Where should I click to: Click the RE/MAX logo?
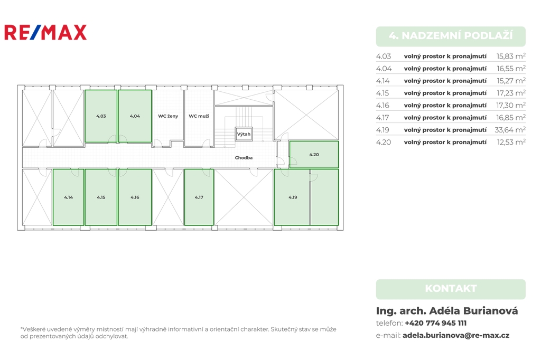pos(45,32)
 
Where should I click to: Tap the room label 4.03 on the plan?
pos(101,116)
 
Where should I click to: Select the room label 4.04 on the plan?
pos(135,116)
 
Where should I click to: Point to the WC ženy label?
pos(168,116)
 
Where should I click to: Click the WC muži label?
pos(199,116)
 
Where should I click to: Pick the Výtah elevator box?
pos(244,134)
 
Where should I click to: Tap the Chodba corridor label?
pos(244,158)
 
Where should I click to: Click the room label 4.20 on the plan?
pos(314,155)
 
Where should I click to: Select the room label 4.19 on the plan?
pos(293,197)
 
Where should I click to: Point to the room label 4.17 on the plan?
pos(199,197)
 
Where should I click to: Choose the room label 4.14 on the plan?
pos(68,197)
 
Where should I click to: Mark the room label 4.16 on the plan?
pos(135,197)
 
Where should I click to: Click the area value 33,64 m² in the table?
pos(510,130)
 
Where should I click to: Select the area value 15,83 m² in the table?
pos(511,56)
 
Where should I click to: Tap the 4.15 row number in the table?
pos(383,93)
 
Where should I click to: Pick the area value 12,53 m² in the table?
pos(511,141)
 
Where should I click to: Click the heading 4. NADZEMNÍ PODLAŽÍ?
pos(451,35)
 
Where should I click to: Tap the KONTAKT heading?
pos(451,288)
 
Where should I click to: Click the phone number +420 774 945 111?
pos(435,323)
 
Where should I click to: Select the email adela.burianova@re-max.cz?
pos(456,335)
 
